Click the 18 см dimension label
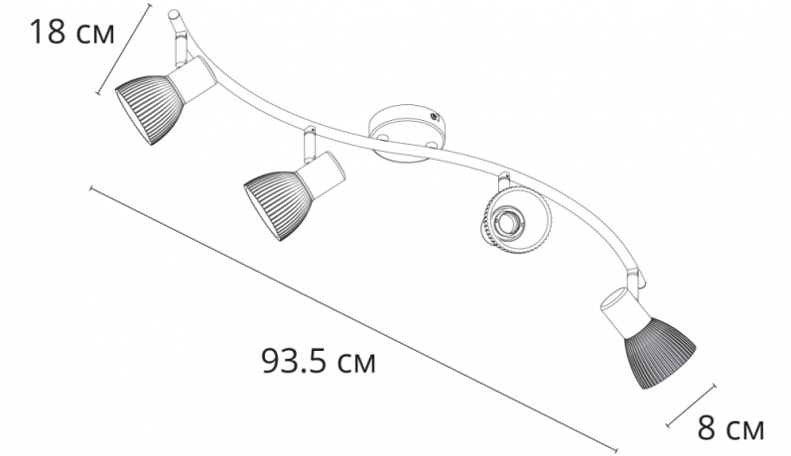[x=70, y=32]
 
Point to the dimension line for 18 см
[x=124, y=50]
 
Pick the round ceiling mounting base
[x=408, y=134]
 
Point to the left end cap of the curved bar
[x=174, y=16]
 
